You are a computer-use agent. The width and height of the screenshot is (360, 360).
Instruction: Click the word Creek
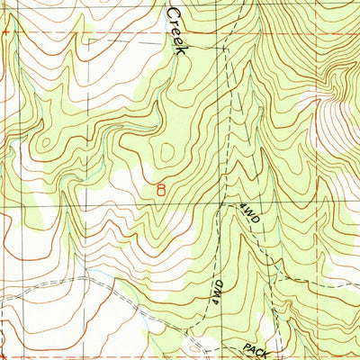[x=176, y=31]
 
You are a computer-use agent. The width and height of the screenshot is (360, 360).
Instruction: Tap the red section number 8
[x=161, y=190]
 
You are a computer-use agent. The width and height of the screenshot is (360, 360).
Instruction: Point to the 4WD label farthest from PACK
[x=249, y=220]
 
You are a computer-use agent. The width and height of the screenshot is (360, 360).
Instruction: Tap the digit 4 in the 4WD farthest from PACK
[x=244, y=209]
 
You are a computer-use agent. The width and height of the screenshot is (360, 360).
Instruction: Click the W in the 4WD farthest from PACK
[x=249, y=219]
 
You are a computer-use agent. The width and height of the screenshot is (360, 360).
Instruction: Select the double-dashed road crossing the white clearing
[x=99, y=279]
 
